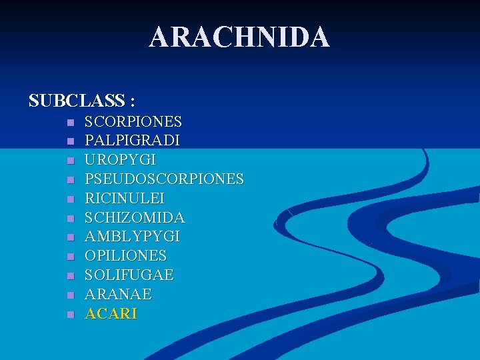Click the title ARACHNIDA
coord(239,37)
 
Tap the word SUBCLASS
coord(77,101)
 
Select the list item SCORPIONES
coord(133,122)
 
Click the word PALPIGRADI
coord(132,141)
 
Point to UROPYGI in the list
coord(120,161)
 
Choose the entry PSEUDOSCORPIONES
coord(164,179)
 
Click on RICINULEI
coord(124,199)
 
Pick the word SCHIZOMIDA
coord(135,218)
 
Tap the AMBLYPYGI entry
coord(132,237)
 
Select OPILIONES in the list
coord(125,256)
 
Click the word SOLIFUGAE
coord(129,275)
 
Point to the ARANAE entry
coord(118,294)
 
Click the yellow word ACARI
coord(111,313)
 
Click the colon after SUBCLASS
coord(133,102)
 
